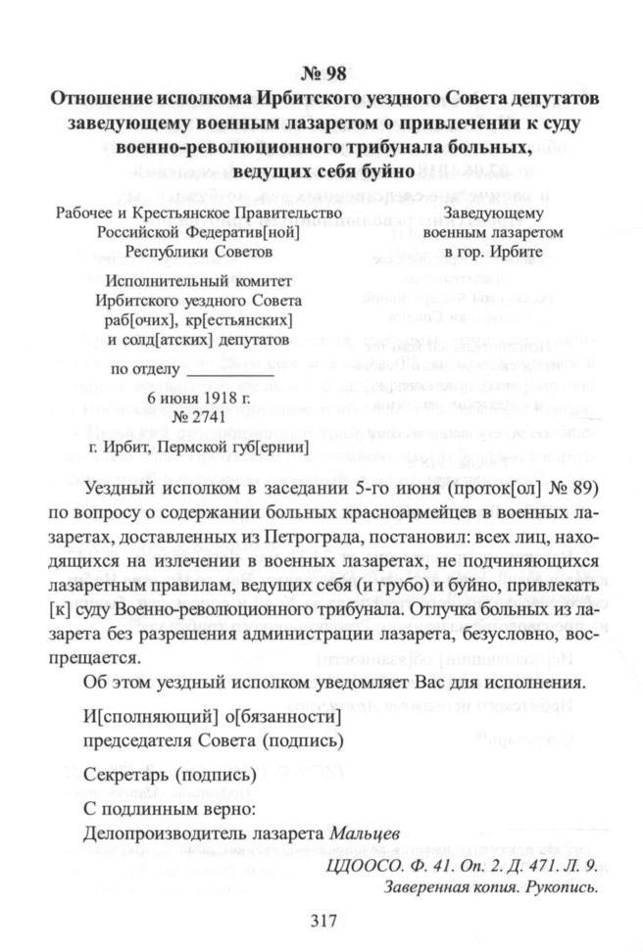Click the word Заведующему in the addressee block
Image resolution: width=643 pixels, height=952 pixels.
tap(493, 213)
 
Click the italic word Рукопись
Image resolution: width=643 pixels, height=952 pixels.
tap(562, 887)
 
